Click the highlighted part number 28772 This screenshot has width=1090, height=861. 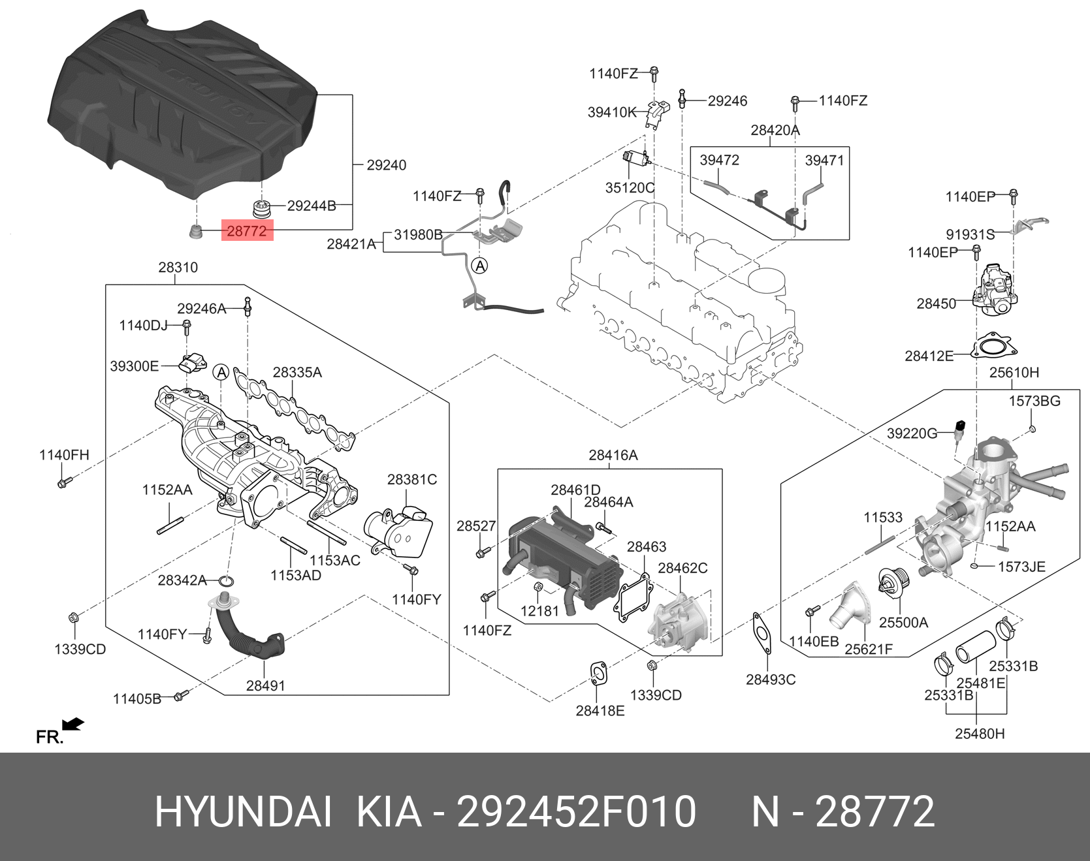tap(247, 230)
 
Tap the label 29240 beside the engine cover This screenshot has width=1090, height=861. tap(387, 165)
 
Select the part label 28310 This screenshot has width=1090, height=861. tap(178, 267)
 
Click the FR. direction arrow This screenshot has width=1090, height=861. tap(73, 724)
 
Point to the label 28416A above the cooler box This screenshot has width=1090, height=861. tap(613, 455)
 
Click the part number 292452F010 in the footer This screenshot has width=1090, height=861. tap(576, 811)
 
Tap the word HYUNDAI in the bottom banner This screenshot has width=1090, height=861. tap(243, 811)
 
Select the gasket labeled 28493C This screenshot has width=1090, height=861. tap(761, 633)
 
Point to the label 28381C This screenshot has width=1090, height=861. tap(412, 480)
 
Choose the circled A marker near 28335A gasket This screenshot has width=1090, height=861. tap(221, 373)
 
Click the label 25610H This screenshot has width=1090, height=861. tap(1014, 373)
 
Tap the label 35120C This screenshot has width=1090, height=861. tap(630, 188)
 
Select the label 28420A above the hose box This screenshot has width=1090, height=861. tap(775, 130)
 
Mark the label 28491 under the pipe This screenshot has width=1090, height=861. tap(265, 685)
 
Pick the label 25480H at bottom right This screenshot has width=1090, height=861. tap(980, 734)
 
